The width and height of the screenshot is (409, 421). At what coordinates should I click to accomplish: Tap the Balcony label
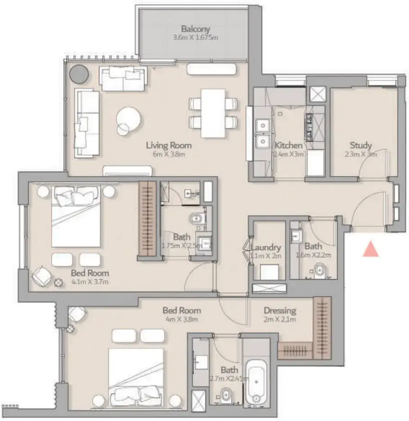(196, 29)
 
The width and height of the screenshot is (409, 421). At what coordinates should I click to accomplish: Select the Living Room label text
(169, 145)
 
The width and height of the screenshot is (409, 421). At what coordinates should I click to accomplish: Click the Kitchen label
(288, 146)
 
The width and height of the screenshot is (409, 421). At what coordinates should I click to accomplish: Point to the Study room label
(360, 145)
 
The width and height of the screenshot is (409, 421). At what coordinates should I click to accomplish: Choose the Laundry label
(266, 248)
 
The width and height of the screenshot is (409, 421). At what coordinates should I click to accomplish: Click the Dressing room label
(280, 310)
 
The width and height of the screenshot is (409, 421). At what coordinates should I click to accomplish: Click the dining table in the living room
(213, 113)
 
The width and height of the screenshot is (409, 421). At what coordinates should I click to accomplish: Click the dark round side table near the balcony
(80, 74)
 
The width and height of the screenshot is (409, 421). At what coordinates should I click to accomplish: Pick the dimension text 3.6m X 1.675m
(196, 38)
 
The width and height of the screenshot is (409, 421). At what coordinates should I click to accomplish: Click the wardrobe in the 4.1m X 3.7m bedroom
(147, 219)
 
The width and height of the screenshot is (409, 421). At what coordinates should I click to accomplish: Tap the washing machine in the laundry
(270, 272)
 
